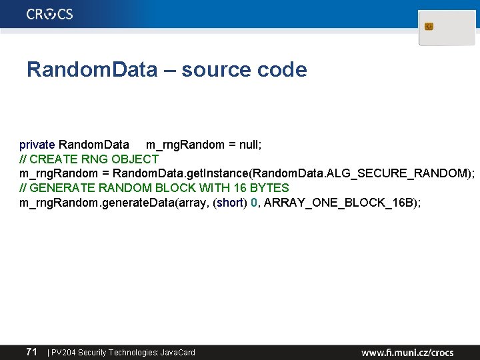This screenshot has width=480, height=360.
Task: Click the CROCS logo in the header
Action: (x=50, y=15)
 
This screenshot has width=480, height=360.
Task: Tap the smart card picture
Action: (x=447, y=28)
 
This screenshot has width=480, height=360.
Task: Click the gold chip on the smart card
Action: (x=429, y=27)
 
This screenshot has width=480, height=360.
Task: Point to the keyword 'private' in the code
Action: (x=37, y=145)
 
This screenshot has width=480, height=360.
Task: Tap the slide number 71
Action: (x=31, y=351)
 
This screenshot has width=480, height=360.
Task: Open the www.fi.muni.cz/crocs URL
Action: (x=407, y=352)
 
